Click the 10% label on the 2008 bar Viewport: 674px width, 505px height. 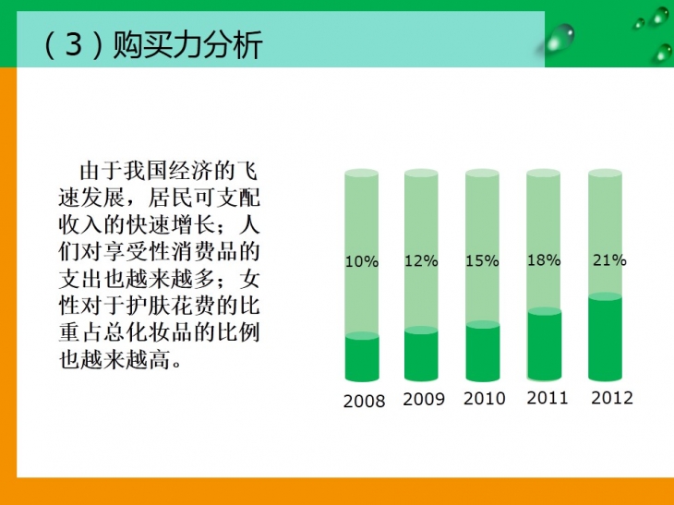pyautogui.click(x=362, y=261)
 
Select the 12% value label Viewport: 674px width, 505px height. pyautogui.click(x=421, y=261)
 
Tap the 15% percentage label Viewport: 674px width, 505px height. pyautogui.click(x=482, y=261)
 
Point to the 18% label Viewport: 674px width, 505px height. pyautogui.click(x=544, y=260)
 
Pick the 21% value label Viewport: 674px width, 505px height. pyautogui.click(x=609, y=260)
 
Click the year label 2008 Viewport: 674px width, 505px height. pyautogui.click(x=364, y=402)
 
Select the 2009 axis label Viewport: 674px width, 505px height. pyautogui.click(x=424, y=399)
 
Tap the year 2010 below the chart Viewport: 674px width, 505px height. pyautogui.click(x=485, y=399)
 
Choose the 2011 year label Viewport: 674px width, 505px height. pyautogui.click(x=548, y=398)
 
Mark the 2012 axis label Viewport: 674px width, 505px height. pyautogui.click(x=612, y=398)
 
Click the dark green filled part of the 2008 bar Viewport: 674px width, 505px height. pyautogui.click(x=362, y=357)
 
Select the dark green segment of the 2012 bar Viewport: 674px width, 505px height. pyautogui.click(x=606, y=337)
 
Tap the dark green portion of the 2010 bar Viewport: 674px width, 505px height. pyautogui.click(x=483, y=351)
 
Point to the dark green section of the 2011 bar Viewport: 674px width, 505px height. pyautogui.click(x=545, y=344)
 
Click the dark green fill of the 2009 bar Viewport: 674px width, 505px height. pyautogui.click(x=421, y=355)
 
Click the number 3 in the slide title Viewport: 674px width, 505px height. pyautogui.click(x=74, y=44)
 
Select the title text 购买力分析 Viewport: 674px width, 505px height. pyautogui.click(x=187, y=44)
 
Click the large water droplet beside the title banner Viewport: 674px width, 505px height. pyautogui.click(x=560, y=38)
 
